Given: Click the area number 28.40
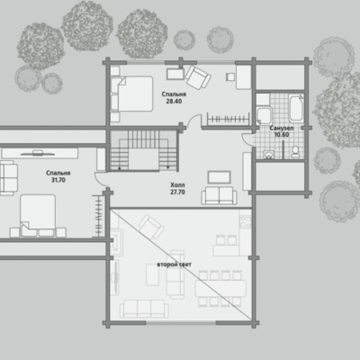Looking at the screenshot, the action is [x=174, y=101].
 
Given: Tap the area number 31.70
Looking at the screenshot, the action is [x=58, y=180].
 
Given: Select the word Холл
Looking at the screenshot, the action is [x=177, y=184].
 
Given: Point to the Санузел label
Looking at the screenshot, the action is [x=282, y=128].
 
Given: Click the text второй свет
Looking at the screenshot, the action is [x=175, y=265].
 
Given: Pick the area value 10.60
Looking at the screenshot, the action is [x=282, y=135].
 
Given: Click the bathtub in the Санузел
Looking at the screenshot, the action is [x=296, y=108].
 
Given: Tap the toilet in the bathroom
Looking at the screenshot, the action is [x=295, y=151].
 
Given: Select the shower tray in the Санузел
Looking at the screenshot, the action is [x=265, y=114].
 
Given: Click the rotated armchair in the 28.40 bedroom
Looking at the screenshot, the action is [x=198, y=77].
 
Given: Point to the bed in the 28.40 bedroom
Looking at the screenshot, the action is [x=131, y=94].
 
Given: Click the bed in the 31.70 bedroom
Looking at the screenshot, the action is [x=38, y=215].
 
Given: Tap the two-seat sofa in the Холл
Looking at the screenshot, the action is [x=220, y=195].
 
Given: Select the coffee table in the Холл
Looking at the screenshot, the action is [x=220, y=177].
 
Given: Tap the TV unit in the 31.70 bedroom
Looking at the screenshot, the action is [x=40, y=154].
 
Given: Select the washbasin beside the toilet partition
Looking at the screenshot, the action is [x=269, y=154].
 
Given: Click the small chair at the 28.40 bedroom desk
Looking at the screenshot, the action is [x=230, y=76].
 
